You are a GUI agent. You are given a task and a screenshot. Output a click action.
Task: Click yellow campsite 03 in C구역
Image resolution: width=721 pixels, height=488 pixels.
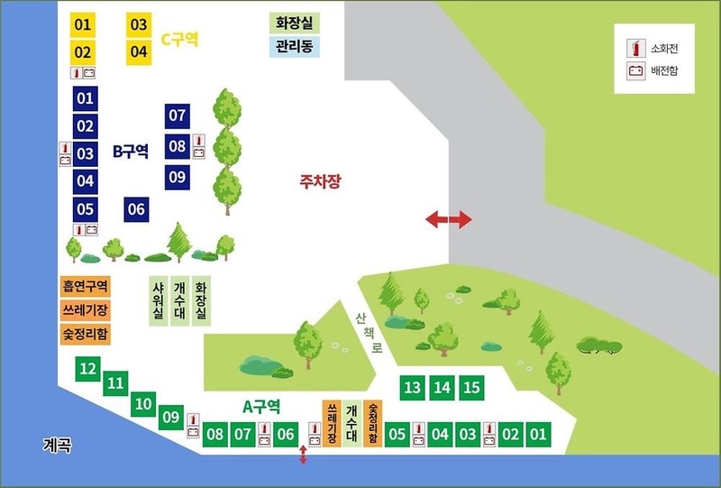click(x=139, y=24)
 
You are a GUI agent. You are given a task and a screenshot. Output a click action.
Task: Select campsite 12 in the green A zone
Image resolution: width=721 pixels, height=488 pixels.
click(x=87, y=368)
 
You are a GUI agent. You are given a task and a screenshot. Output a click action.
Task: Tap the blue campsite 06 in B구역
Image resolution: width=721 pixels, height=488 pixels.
click(x=136, y=209)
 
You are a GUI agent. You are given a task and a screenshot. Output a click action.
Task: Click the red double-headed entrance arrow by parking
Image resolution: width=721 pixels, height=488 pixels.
click(x=448, y=219)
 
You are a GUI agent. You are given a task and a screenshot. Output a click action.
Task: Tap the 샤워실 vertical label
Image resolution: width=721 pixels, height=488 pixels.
click(x=159, y=300)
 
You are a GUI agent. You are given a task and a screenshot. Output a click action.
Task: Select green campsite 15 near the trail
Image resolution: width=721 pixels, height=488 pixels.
click(x=470, y=388)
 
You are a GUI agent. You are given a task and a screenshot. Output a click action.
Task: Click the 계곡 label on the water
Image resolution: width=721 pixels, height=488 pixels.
click(x=57, y=445)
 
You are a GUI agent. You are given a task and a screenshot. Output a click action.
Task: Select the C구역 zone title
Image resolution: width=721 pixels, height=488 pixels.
click(x=179, y=40)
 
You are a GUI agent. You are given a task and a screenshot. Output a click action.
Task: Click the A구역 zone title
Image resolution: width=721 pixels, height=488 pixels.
click(x=263, y=406)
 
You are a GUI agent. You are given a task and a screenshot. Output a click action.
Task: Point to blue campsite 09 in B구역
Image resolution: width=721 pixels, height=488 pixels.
click(x=177, y=177)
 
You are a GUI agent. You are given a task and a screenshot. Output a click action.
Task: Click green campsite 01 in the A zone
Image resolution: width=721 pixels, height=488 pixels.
click(x=538, y=435)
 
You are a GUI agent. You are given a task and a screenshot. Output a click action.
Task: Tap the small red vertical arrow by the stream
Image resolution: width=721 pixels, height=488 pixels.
click(x=303, y=455)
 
